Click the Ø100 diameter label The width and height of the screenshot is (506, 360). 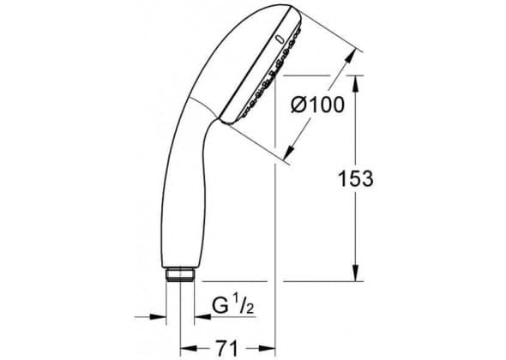[x=318, y=105]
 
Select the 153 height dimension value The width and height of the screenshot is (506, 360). [x=355, y=178]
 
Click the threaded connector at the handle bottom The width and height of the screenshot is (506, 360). [x=180, y=274]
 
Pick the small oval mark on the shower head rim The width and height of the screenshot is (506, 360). [x=280, y=40]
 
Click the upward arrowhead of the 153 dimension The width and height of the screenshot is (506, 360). [x=355, y=83]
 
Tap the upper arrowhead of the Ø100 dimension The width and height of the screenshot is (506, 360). [x=351, y=56]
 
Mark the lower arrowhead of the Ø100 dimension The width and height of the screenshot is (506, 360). [x=290, y=152]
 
